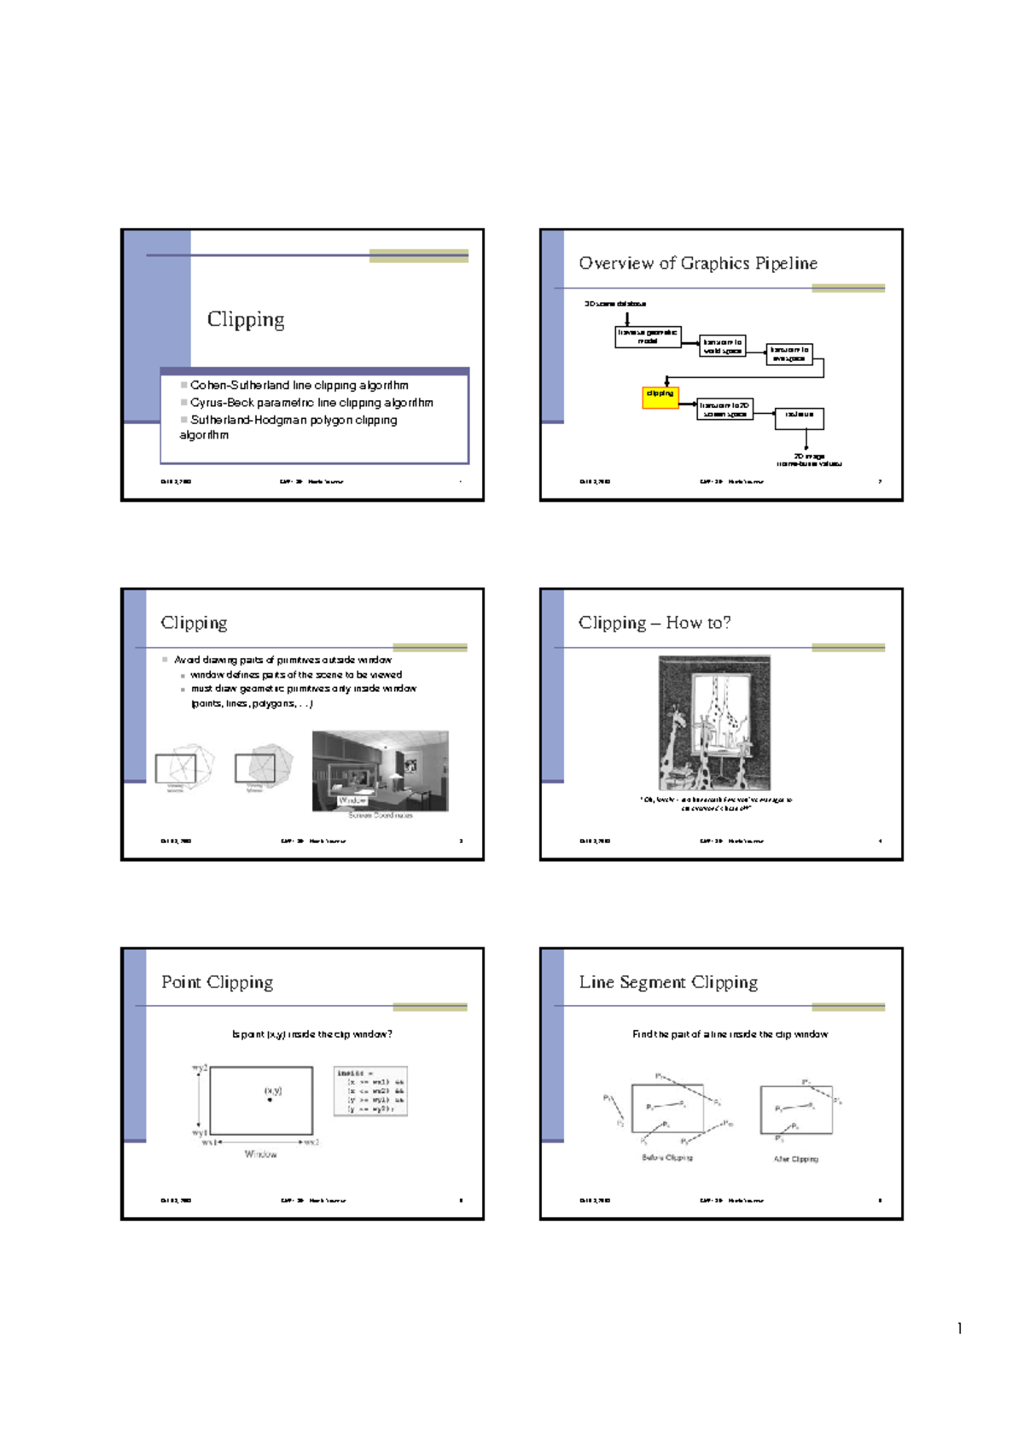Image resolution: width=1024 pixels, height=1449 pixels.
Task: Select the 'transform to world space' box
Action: click(x=722, y=346)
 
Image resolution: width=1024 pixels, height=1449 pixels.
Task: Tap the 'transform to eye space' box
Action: click(x=789, y=353)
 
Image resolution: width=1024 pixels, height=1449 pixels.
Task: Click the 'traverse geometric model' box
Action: click(x=648, y=337)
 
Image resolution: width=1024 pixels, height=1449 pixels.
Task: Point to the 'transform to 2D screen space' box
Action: click(x=724, y=410)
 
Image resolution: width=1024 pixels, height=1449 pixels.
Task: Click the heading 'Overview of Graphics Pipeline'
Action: click(x=697, y=264)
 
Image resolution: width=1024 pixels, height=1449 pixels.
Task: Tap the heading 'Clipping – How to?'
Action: click(x=654, y=623)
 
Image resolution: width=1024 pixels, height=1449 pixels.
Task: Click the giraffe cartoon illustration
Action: click(x=714, y=723)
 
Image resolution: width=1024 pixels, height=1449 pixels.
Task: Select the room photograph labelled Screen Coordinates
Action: click(x=380, y=771)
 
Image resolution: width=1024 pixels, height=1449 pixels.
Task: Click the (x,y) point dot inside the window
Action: click(x=271, y=1100)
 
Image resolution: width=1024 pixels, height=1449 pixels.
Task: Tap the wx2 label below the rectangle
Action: click(x=311, y=1142)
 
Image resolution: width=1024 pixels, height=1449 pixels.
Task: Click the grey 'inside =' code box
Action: click(x=370, y=1091)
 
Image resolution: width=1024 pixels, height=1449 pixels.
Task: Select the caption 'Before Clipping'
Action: click(x=666, y=1158)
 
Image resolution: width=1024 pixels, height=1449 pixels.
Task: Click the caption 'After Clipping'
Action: click(x=795, y=1159)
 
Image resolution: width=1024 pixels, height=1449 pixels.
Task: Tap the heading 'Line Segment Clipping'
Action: click(x=667, y=982)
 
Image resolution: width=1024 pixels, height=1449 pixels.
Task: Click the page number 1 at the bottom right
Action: click(x=959, y=1328)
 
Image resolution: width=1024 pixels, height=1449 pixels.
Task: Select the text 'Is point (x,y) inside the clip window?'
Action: click(x=311, y=1034)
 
